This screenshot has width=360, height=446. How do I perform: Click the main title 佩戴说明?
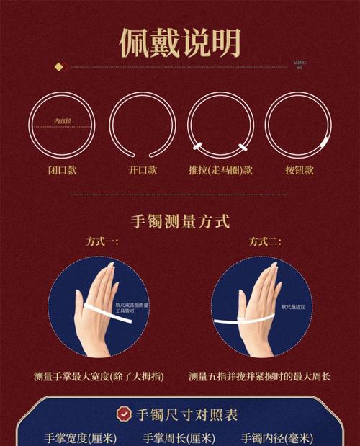[180, 43]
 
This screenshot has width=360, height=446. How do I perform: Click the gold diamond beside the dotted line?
[59, 66]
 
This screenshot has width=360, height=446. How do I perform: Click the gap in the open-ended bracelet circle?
[143, 157]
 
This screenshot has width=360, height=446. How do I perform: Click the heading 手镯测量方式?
[180, 220]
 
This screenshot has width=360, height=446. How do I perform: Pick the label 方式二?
[265, 242]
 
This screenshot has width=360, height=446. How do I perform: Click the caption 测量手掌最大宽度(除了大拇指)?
[99, 377]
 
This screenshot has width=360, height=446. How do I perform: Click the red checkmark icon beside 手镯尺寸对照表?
[125, 414]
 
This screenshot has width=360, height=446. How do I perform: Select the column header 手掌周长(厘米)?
[179, 437]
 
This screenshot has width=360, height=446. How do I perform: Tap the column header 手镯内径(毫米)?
[276, 437]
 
